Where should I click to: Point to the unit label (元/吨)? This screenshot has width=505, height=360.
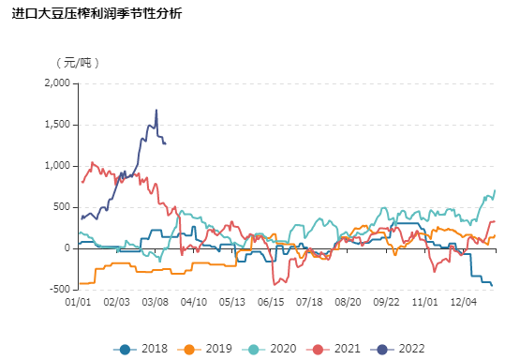[x=78, y=63]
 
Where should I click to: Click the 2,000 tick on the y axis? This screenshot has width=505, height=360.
[x=57, y=82]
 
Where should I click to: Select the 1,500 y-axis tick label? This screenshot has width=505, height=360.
[x=57, y=125]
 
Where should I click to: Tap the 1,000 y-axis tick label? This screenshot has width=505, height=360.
[x=57, y=166]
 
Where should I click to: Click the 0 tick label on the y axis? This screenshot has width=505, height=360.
[x=67, y=248]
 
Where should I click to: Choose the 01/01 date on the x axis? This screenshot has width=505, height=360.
[x=78, y=303]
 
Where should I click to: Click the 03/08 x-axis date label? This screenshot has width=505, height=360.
[x=156, y=303]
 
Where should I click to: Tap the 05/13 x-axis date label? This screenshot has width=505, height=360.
[x=232, y=303]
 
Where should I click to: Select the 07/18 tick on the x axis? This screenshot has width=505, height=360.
[x=309, y=303]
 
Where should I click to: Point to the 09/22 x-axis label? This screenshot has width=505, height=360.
[x=386, y=303]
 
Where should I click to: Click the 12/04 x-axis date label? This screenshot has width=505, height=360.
[x=464, y=303]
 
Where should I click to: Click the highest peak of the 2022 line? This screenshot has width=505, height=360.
[x=156, y=111]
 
